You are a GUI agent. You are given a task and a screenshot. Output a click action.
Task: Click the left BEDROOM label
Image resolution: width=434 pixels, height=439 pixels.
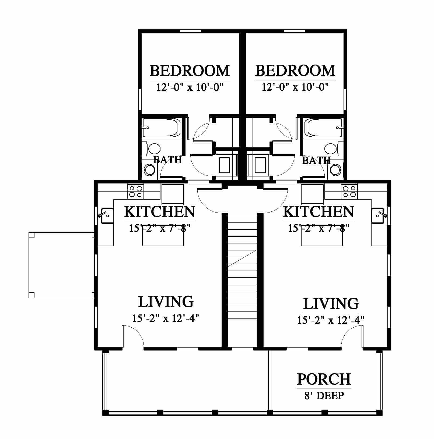click(190, 70)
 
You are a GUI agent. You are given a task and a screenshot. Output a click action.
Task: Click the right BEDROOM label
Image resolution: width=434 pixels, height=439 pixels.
click(295, 70)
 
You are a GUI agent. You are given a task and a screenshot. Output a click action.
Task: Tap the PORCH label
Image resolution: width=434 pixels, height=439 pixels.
click(324, 379)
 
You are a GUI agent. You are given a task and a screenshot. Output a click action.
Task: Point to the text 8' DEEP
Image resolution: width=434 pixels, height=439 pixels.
click(324, 396)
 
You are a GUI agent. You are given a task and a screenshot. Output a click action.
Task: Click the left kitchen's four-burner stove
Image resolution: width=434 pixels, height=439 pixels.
click(135, 191)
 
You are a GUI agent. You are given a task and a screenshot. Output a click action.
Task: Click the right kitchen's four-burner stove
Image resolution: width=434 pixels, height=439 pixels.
click(349, 191)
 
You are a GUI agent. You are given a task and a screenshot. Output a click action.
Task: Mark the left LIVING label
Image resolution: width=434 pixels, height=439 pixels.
click(166, 302)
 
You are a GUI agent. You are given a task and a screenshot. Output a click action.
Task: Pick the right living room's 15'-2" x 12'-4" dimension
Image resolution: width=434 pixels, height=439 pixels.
click(331, 320)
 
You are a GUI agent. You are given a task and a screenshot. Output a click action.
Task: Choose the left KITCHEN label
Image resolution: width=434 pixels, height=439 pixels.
click(159, 212)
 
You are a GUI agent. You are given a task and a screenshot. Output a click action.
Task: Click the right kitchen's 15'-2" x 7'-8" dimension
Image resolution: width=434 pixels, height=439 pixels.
click(318, 228)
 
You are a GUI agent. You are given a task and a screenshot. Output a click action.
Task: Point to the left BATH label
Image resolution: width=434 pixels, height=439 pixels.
click(167, 160)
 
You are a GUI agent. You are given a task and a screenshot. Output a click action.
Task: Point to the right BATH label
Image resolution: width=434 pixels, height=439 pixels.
click(316, 161)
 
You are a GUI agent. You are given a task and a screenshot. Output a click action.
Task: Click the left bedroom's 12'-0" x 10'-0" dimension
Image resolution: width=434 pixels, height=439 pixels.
click(190, 87)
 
